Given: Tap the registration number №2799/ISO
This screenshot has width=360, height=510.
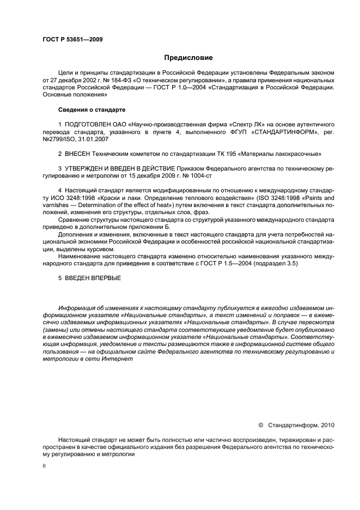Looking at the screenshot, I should coord(57,139).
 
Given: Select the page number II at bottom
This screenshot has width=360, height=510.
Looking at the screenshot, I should coord(44,466).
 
